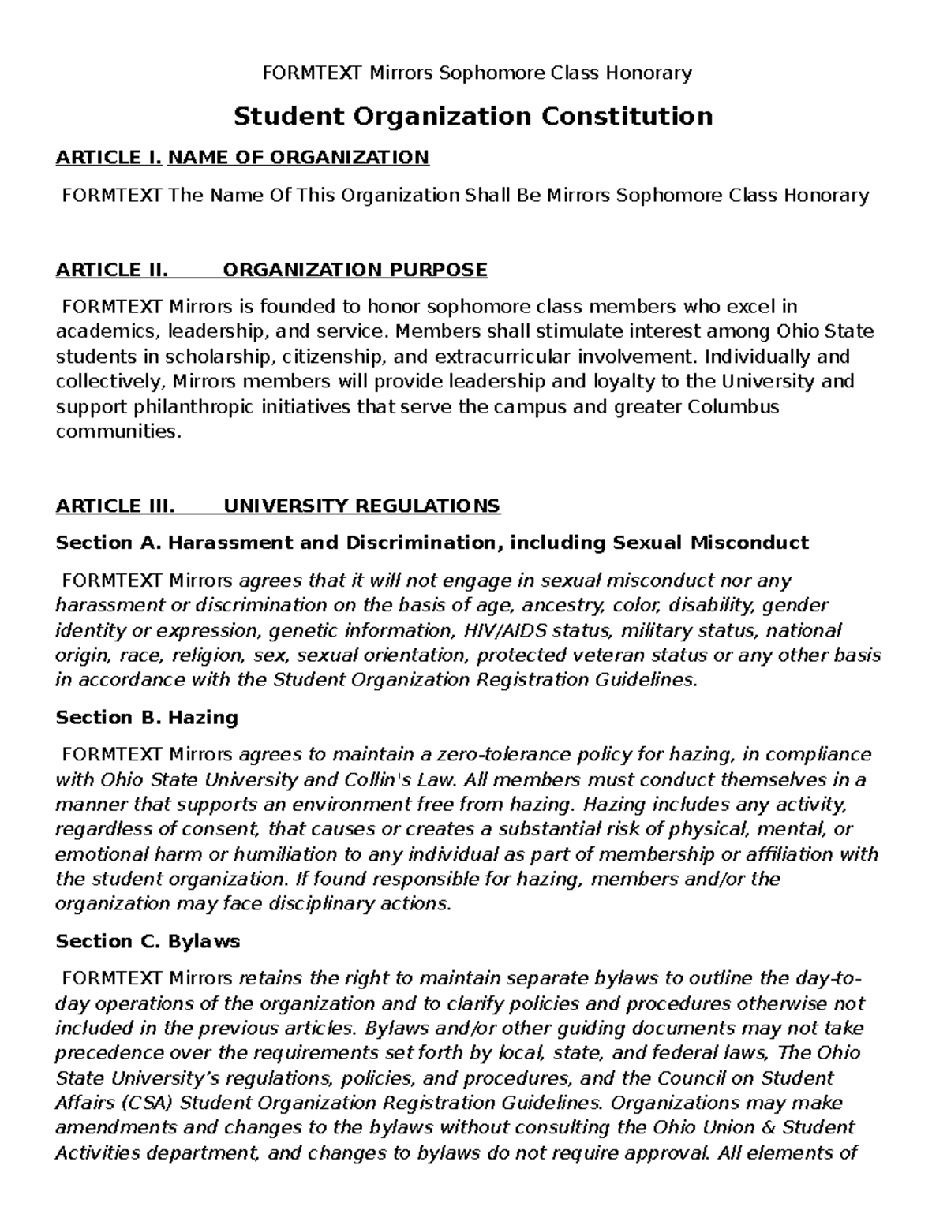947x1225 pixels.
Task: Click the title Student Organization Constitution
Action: [x=473, y=117]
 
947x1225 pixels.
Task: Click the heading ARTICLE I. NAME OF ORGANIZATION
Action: [x=242, y=158]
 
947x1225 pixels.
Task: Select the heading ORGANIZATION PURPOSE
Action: [x=355, y=271]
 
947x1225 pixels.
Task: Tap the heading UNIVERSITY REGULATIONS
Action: [x=361, y=506]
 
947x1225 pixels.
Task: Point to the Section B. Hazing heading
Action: [x=147, y=717]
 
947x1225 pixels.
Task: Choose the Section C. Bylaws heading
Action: [x=148, y=941]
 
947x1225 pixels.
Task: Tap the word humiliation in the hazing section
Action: [x=285, y=854]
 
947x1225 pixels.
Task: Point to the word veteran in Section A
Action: [x=608, y=655]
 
